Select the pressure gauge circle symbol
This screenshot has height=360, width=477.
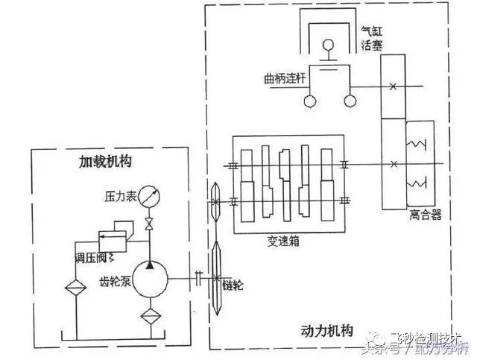pyautogui.click(x=151, y=198)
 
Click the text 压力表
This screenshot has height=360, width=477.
pyautogui.click(x=119, y=198)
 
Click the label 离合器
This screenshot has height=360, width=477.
pyautogui.click(x=426, y=215)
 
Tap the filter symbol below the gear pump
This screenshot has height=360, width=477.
pyautogui.click(x=150, y=316)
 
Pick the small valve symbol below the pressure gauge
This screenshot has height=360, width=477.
pyautogui.click(x=151, y=223)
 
